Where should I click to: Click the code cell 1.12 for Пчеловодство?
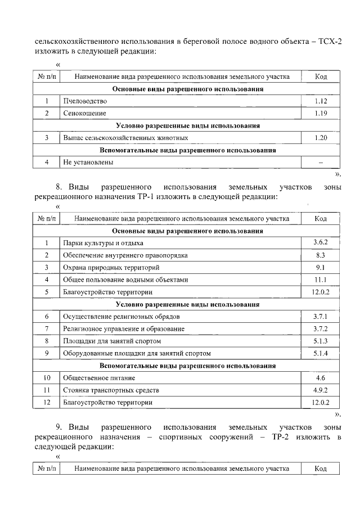[x=321, y=101]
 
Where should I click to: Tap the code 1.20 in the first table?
[x=321, y=138]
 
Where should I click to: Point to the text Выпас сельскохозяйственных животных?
[x=125, y=138]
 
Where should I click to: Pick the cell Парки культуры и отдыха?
[x=103, y=243]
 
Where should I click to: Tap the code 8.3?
[x=321, y=255]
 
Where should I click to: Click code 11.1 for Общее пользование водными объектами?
[x=321, y=280]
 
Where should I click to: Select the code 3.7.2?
[x=321, y=328]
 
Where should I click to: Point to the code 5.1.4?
[x=321, y=353]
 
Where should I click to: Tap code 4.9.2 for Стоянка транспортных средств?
[x=321, y=390]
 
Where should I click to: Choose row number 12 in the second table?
[x=47, y=403]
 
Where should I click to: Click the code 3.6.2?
[x=321, y=243]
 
